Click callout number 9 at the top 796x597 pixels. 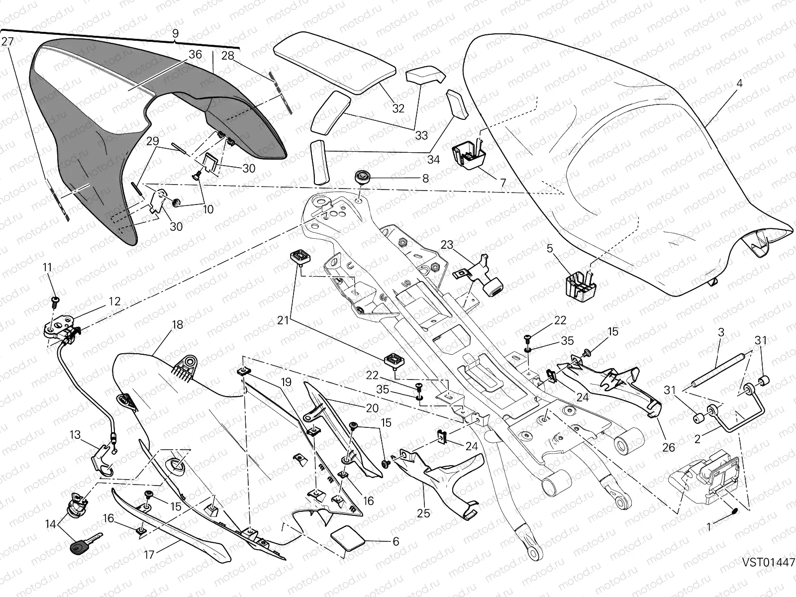click(175, 34)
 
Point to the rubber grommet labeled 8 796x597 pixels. click(363, 177)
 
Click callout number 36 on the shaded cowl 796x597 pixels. click(195, 55)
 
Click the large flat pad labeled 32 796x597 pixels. click(333, 62)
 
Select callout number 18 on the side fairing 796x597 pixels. click(178, 325)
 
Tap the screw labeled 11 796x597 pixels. click(55, 299)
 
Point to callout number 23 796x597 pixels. click(447, 245)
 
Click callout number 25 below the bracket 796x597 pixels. click(423, 513)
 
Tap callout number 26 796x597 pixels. click(670, 447)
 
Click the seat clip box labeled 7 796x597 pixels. click(469, 154)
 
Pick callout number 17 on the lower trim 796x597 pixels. click(150, 554)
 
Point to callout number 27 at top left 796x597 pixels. click(7, 42)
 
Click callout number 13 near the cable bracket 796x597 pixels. click(75, 435)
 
